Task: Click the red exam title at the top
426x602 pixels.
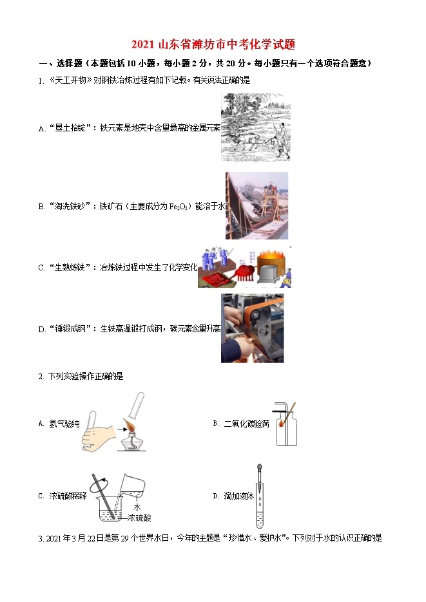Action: pos(213,44)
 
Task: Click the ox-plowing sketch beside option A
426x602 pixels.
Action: pos(256,127)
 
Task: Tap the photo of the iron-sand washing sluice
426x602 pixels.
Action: pos(257,206)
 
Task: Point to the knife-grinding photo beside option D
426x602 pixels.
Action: pos(253,328)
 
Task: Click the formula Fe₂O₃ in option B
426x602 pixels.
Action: pos(179,207)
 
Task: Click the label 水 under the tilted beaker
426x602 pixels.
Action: pos(137,507)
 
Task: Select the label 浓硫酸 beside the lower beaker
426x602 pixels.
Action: pos(139,518)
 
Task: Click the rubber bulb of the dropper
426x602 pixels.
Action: pos(260,468)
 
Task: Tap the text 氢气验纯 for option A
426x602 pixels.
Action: pos(64,424)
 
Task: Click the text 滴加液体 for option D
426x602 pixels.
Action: pos(239,496)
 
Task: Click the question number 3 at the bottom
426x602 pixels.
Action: pos(40,539)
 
